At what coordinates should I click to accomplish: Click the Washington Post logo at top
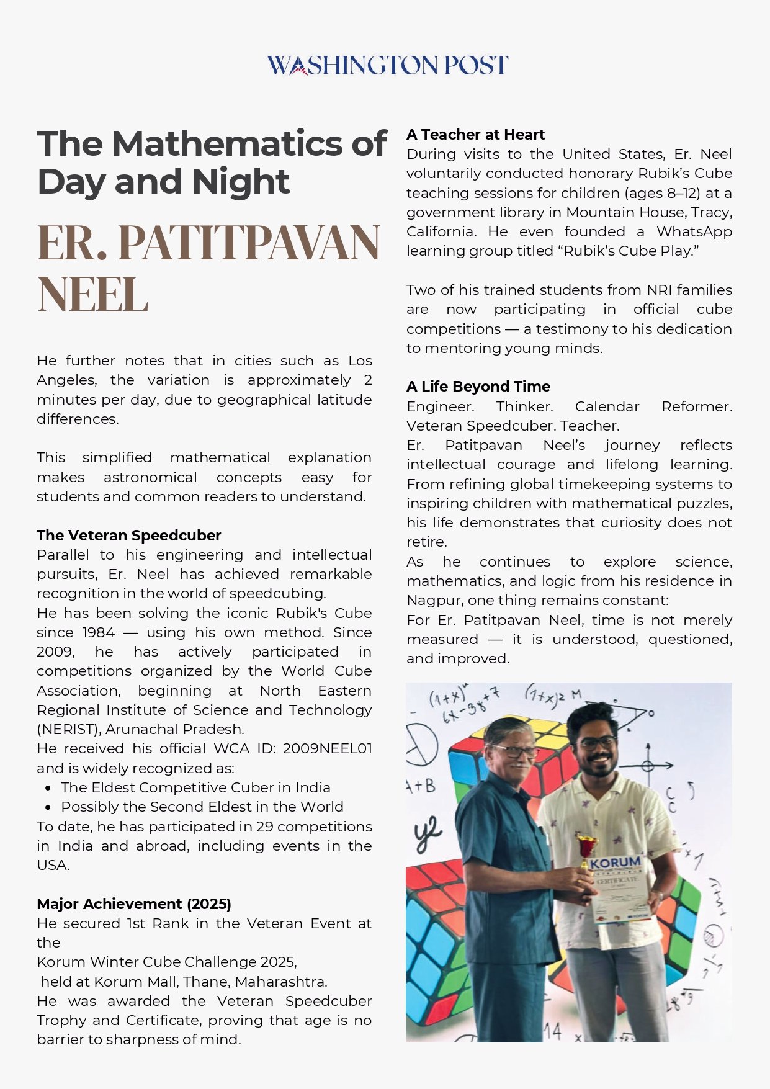387,65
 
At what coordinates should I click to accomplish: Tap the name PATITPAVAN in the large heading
248,242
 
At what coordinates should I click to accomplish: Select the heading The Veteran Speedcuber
128,535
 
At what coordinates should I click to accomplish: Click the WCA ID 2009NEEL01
327,748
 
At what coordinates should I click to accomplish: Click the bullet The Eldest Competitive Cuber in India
195,787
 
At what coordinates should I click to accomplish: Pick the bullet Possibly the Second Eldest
202,807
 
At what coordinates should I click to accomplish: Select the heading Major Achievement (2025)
134,903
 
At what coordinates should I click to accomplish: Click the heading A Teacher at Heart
475,135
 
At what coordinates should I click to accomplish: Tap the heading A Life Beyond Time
478,387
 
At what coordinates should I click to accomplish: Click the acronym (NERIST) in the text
67,729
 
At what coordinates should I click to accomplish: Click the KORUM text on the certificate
616,863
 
